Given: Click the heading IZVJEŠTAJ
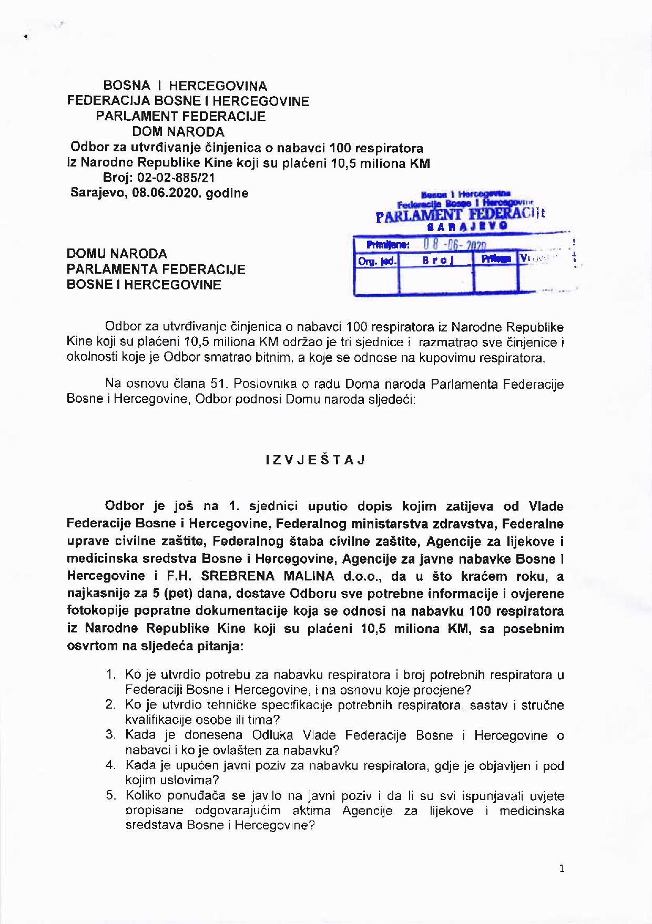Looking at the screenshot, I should click(315, 460).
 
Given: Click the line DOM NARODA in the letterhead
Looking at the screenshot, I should click(178, 132).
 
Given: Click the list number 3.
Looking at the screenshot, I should click(110, 735).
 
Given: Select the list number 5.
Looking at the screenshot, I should click(110, 795).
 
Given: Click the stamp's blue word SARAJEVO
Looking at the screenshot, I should click(467, 226).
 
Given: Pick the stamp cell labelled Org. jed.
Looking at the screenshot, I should click(376, 261).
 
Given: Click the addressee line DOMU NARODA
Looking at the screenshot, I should click(117, 254).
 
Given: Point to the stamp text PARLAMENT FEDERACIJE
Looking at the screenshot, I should click(460, 214).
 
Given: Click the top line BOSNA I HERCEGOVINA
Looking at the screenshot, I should click(185, 86).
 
